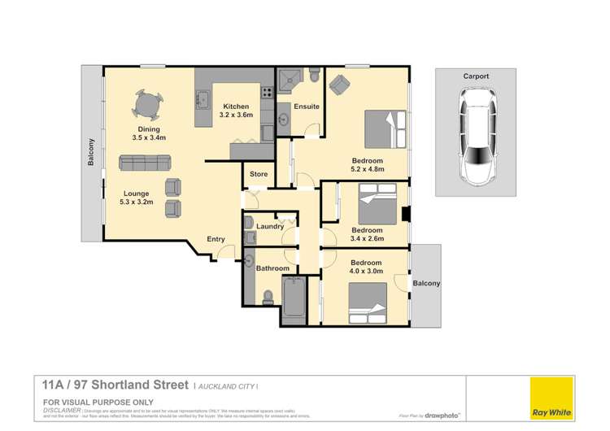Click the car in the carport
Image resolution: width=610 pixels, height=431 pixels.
click(476, 136)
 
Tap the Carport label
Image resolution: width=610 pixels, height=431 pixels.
click(476, 76)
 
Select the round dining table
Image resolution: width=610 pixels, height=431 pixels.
click(148, 105)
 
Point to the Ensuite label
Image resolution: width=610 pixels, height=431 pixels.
click(307, 106)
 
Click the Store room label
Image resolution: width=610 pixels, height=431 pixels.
click(259, 173)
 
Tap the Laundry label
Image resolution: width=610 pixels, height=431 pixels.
click(270, 226)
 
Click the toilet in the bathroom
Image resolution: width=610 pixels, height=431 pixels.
click(268, 296)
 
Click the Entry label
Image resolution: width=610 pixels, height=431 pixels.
click(216, 239)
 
